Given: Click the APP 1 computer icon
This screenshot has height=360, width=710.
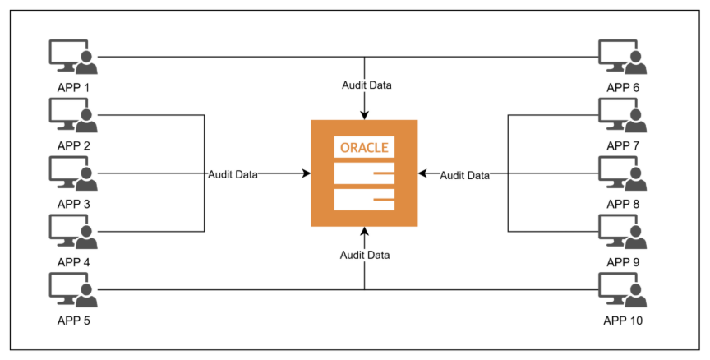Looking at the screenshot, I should tap(73, 57).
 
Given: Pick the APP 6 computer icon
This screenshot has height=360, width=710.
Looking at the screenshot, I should tap(622, 57).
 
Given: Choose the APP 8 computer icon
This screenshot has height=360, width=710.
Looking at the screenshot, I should tap(622, 173).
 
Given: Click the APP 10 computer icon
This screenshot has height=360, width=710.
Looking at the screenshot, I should tap(622, 289).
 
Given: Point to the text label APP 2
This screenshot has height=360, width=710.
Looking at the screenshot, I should tap(74, 145).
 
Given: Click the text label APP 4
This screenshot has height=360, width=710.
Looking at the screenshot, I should tap(74, 262).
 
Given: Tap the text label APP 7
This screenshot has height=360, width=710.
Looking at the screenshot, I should tap(623, 145).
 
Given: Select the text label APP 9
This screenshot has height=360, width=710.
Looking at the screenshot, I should tap(623, 262).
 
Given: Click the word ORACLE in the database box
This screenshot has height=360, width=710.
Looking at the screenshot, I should tap(364, 148).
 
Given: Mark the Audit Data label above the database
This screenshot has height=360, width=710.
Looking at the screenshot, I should tap(367, 85).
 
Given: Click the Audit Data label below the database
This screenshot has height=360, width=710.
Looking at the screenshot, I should tap(365, 255).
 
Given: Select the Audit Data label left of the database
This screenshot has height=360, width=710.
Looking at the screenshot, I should tap(233, 174).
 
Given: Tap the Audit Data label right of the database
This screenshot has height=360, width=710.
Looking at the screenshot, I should tap(464, 175).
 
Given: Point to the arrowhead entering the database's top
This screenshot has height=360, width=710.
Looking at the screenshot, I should tap(364, 116).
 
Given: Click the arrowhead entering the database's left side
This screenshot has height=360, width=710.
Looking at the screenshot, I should tap(307, 173).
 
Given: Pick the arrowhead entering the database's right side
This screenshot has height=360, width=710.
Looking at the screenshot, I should tap(422, 173).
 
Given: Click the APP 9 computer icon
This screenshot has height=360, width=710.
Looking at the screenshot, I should tap(622, 231).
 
